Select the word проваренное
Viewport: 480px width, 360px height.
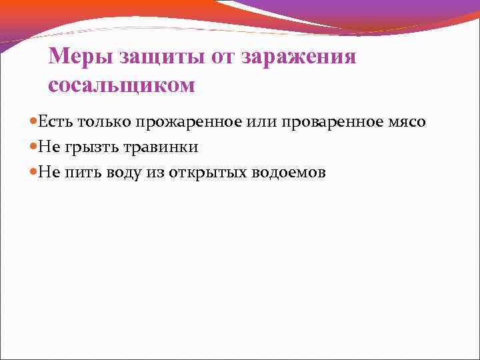pyautogui.click(x=321, y=123)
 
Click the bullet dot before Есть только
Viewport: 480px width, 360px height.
pyautogui.click(x=33, y=123)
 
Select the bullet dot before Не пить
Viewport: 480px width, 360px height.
pyautogui.click(x=33, y=173)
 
